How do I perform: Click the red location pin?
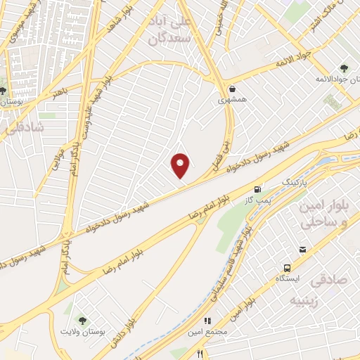181,165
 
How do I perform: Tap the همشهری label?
233,101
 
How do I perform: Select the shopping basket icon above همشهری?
233,89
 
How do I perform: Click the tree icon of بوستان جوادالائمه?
344,68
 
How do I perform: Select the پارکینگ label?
295,182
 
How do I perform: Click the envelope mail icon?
303,250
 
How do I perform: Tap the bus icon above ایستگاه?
287,268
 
